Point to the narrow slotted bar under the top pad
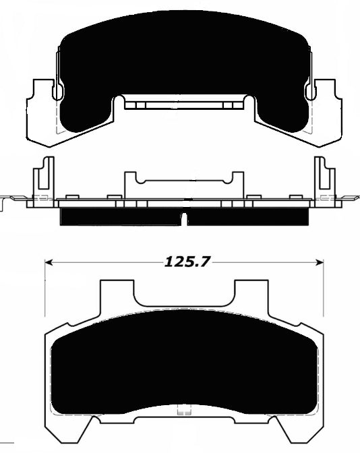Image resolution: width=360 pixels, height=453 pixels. coord(183,104)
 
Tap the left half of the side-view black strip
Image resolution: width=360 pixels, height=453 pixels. coord(121,216)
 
